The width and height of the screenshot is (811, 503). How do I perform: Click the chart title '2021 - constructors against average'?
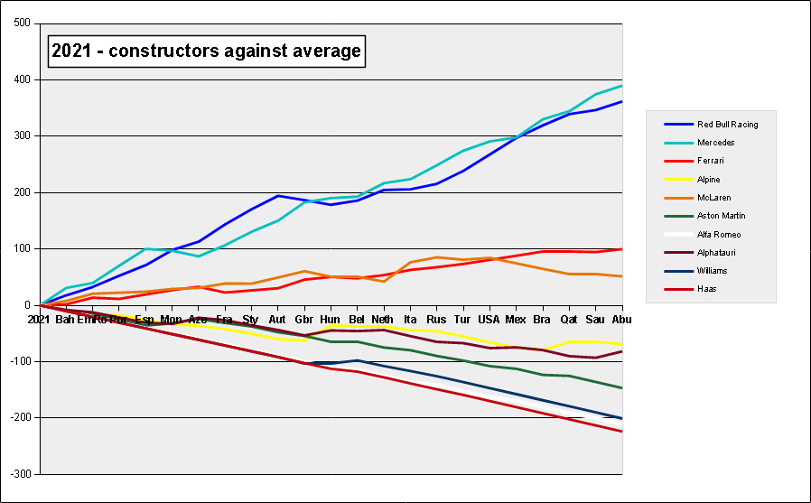pos(206,51)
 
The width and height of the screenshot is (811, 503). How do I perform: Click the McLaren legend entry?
pos(713,198)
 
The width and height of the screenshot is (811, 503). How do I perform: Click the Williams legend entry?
pos(713,271)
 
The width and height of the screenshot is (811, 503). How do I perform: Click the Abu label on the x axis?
pos(622,320)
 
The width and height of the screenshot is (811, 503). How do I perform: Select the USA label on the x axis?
pos(489,320)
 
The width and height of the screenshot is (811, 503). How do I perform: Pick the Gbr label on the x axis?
pos(303,320)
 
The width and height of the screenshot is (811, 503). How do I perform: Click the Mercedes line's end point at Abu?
pos(622,86)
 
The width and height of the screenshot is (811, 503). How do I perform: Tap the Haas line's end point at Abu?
pos(622,432)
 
